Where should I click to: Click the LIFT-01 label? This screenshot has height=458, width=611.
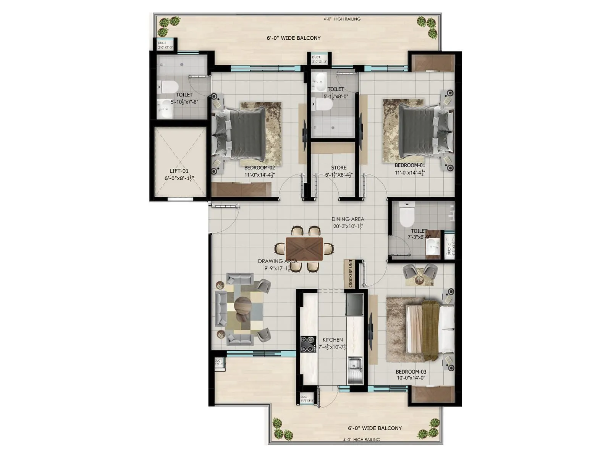pyautogui.click(x=179, y=171)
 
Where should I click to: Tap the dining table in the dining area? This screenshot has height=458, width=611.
pyautogui.click(x=304, y=248)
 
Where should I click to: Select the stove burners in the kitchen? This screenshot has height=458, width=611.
pyautogui.click(x=308, y=343)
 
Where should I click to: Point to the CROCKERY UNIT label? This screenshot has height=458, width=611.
pyautogui.click(x=350, y=274)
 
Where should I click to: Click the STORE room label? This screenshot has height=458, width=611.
pyautogui.click(x=339, y=168)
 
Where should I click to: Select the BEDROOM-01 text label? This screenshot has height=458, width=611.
pyautogui.click(x=410, y=165)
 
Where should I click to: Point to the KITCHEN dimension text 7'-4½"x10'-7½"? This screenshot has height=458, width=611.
pyautogui.click(x=332, y=347)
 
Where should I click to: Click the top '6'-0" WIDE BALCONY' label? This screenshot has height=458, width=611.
pyautogui.click(x=293, y=38)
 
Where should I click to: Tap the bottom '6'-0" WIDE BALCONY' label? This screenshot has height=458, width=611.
pyautogui.click(x=375, y=428)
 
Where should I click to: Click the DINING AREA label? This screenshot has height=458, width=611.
pyautogui.click(x=348, y=219)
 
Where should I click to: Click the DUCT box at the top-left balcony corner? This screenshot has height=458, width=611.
pyautogui.click(x=165, y=45)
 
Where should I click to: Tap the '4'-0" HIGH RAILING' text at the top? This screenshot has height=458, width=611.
pyautogui.click(x=342, y=19)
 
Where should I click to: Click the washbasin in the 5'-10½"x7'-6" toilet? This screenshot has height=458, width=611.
pyautogui.click(x=165, y=109)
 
